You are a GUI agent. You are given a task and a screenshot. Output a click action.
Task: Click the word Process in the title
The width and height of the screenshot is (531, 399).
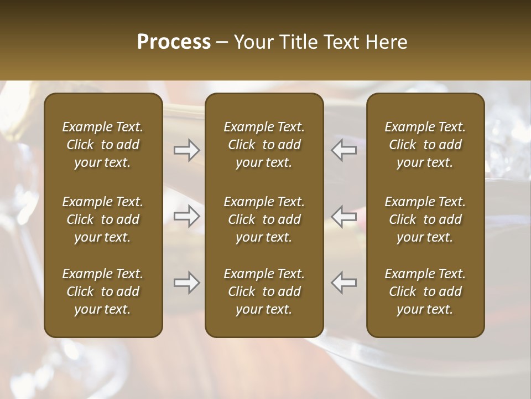pos(174,42)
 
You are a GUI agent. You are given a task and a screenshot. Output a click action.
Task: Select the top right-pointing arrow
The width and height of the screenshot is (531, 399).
pos(186,150)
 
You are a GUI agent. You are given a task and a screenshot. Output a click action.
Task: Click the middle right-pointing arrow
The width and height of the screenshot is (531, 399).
pos(186,216)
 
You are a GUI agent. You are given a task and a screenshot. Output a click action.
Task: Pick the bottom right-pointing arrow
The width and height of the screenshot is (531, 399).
pos(186,283)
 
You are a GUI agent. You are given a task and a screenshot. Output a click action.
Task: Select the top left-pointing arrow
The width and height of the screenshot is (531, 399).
pos(343,150)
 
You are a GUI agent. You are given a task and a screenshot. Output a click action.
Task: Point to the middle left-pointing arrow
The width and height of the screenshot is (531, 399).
pos(343,216)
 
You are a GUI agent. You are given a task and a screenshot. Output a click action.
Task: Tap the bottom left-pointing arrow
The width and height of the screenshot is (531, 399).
pos(343,283)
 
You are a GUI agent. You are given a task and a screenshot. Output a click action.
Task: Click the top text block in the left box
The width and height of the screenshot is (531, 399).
pos(103,145)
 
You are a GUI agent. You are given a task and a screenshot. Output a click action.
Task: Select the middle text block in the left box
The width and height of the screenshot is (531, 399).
pos(103,219)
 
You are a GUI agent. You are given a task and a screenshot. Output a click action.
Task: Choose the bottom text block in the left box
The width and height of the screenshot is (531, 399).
pos(103,291)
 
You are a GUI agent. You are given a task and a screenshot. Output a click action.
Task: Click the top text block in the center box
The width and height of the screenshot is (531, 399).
pos(264,145)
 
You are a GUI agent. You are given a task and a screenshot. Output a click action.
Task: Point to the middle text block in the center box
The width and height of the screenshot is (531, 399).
pos(264,219)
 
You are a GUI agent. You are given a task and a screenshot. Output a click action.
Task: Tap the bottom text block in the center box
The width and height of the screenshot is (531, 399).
pos(264,291)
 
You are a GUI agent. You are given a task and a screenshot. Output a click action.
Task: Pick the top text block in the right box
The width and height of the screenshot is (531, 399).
pos(425,145)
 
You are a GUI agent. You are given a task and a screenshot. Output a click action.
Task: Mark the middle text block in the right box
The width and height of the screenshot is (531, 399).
pos(425,219)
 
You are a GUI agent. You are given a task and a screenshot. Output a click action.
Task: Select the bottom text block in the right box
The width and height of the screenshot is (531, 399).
pos(425,291)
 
